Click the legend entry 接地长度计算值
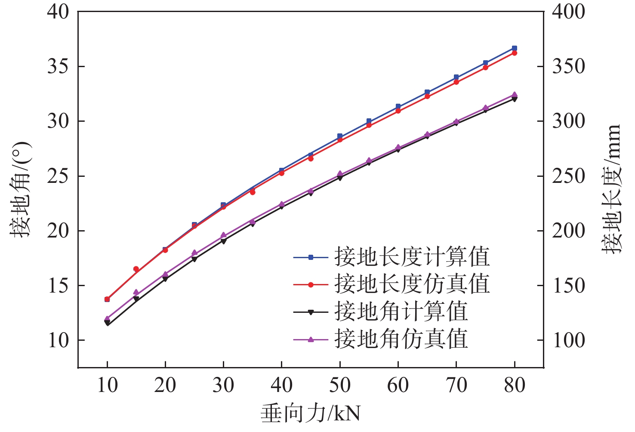pyautogui.click(x=412, y=257)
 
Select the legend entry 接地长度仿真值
pyautogui.click(x=412, y=284)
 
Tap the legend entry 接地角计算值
pyautogui.click(x=401, y=312)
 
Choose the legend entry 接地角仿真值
pyautogui.click(x=401, y=339)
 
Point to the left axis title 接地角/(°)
pyautogui.click(x=22, y=190)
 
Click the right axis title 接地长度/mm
pyautogui.click(x=611, y=189)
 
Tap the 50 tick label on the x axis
pyautogui.click(x=340, y=385)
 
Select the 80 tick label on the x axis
pyautogui.click(x=515, y=385)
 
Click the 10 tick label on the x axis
pyautogui.click(x=107, y=385)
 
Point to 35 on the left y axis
pyautogui.click(x=58, y=67)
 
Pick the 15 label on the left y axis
pyautogui.click(x=58, y=286)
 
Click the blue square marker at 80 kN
pyautogui.click(x=515, y=48)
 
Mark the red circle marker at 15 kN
pyautogui.click(x=136, y=269)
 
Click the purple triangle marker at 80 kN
pyautogui.click(x=515, y=94)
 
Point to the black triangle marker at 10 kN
pyautogui.click(x=107, y=323)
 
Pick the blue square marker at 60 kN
pyautogui.click(x=398, y=106)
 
